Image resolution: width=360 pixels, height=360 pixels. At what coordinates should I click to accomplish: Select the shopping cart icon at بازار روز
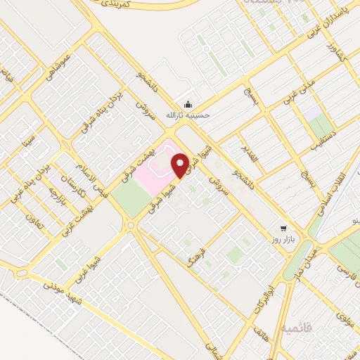click(283, 228)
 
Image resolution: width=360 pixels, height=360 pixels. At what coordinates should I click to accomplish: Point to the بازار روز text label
click(283, 240)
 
